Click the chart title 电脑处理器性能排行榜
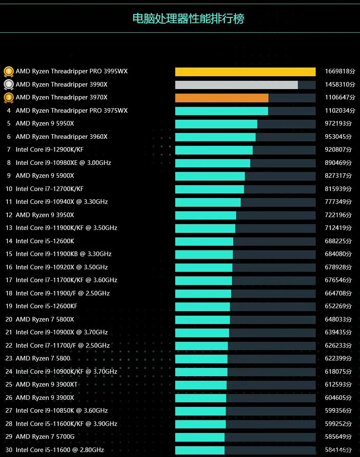pyautogui.click(x=188, y=19)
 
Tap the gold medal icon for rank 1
pyautogui.click(x=9, y=72)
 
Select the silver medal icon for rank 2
pyautogui.click(x=9, y=85)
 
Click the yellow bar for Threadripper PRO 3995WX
pyautogui.click(x=245, y=72)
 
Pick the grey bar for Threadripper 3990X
pyautogui.click(x=236, y=85)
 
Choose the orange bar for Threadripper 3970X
pyautogui.click(x=222, y=98)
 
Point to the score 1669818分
pyautogui.click(x=340, y=72)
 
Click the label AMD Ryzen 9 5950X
pyautogui.click(x=45, y=123)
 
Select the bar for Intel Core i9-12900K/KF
pyautogui.click(x=214, y=150)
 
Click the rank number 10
pyautogui.click(x=9, y=189)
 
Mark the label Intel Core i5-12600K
pyautogui.click(x=45, y=241)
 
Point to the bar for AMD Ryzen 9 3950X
pyautogui.click(x=205, y=215)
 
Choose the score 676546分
pyautogui.click(x=338, y=280)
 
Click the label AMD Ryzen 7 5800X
pyautogui.click(x=45, y=319)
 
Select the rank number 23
pyautogui.click(x=9, y=358)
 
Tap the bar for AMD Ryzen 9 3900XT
pyautogui.click(x=201, y=385)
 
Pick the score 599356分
pyautogui.click(x=338, y=411)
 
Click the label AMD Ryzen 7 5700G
pyautogui.click(x=45, y=437)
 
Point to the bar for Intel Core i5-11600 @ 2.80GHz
pyautogui.click(x=200, y=450)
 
